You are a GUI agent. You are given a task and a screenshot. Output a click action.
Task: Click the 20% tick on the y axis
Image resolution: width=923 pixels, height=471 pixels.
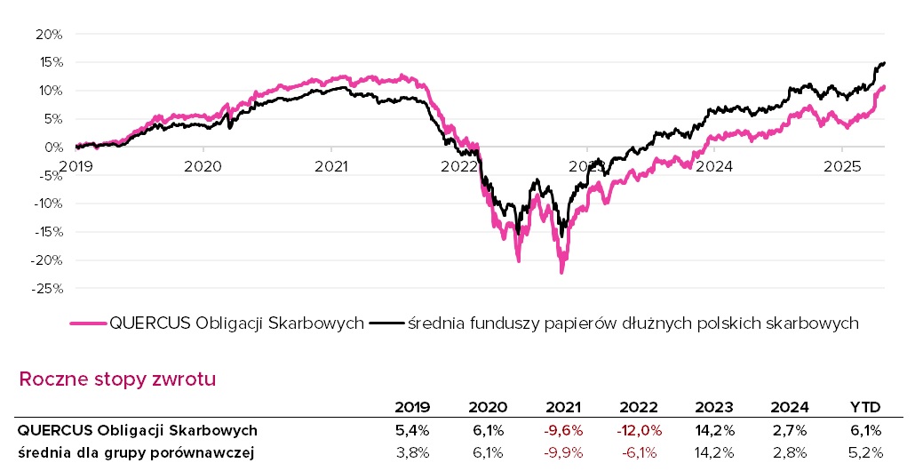pyautogui.click(x=49, y=34)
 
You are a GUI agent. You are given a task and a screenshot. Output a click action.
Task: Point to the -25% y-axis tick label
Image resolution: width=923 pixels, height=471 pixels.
pyautogui.click(x=47, y=289)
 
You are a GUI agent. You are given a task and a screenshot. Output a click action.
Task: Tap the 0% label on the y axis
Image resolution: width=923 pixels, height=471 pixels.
pyautogui.click(x=52, y=148)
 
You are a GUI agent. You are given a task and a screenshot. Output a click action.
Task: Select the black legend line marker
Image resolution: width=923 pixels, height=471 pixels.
pyautogui.click(x=386, y=323)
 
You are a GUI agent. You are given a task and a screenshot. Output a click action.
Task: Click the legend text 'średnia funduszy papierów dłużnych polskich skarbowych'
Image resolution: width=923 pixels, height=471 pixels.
pyautogui.click(x=633, y=323)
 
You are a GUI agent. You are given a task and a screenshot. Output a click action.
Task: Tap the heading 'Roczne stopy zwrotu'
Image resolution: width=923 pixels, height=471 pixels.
pyautogui.click(x=117, y=379)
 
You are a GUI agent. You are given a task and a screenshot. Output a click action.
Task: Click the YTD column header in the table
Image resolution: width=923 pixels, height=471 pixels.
pyautogui.click(x=864, y=408)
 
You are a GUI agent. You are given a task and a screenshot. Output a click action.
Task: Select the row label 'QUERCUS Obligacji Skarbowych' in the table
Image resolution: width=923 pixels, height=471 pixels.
pyautogui.click(x=138, y=430)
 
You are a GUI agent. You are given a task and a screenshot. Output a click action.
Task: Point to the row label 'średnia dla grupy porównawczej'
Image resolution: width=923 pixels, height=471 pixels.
pyautogui.click(x=135, y=453)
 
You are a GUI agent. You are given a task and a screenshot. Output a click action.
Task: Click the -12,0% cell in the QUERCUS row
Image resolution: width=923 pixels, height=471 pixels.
pyautogui.click(x=639, y=430)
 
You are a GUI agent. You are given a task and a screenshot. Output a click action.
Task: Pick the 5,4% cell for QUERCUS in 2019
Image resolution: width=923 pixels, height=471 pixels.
pyautogui.click(x=413, y=430)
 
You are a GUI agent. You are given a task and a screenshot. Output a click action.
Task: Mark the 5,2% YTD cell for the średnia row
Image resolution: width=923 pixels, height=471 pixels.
pyautogui.click(x=865, y=453)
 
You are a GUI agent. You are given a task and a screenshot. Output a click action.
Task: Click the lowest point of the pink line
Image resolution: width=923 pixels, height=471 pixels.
pyautogui.click(x=561, y=273)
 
